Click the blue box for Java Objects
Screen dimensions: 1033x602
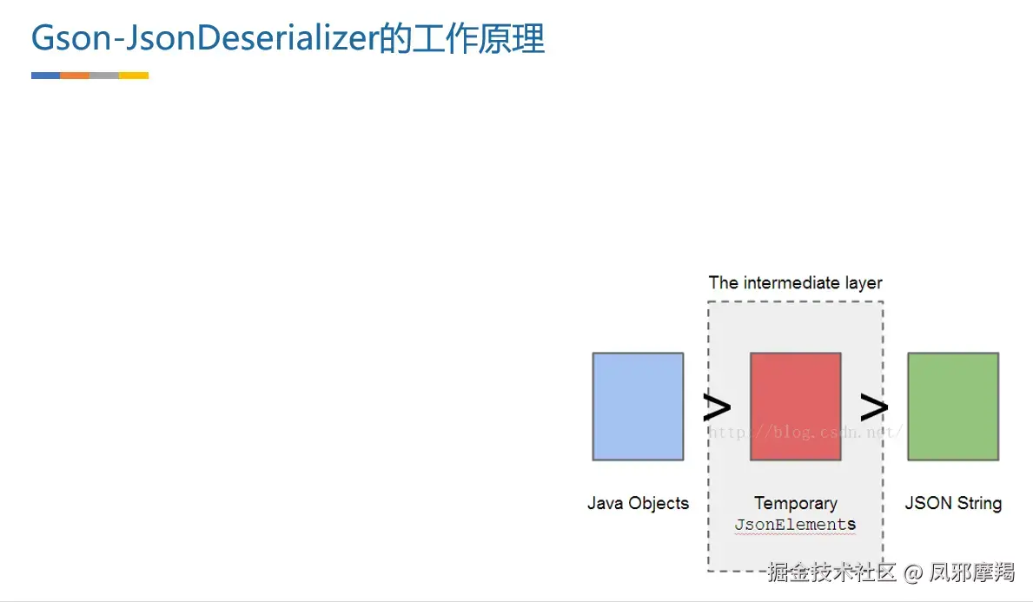[x=638, y=407]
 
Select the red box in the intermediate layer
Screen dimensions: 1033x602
[x=795, y=407]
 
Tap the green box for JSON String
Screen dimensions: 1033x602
[x=953, y=407]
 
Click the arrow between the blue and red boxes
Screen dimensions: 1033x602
[x=717, y=407]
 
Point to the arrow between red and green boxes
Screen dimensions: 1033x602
[x=874, y=407]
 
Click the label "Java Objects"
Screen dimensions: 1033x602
[x=638, y=503]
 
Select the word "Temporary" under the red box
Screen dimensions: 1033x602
[x=796, y=504]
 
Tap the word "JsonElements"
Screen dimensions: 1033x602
[x=795, y=525]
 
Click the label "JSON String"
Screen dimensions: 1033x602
[x=953, y=503]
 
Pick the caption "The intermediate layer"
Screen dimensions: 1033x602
[x=795, y=283]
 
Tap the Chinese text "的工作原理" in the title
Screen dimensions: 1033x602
[x=462, y=38]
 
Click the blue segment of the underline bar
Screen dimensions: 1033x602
[x=45, y=76]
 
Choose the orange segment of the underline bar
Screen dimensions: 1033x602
[x=75, y=76]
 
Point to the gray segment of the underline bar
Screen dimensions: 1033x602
[x=104, y=76]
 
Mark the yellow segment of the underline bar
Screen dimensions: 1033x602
[x=134, y=76]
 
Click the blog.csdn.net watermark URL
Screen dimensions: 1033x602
[x=805, y=432]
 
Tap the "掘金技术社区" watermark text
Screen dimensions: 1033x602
[x=831, y=572]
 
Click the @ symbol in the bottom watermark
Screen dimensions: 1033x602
[x=913, y=573]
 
